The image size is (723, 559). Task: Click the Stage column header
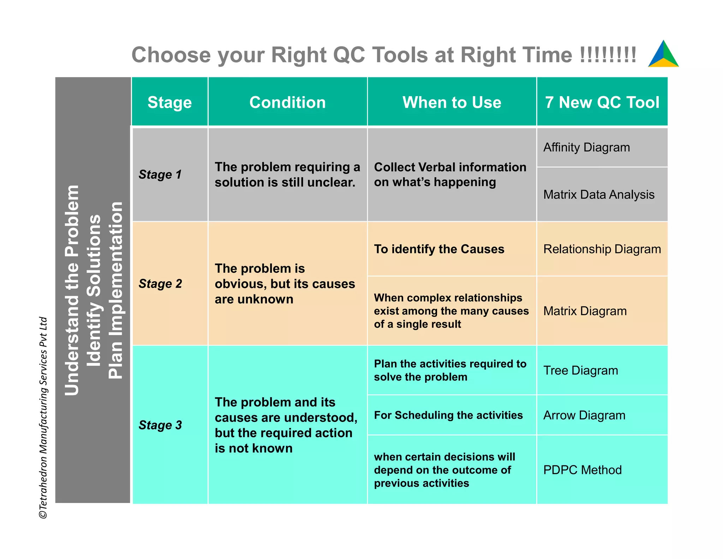tap(169, 102)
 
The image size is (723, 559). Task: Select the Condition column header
tap(287, 102)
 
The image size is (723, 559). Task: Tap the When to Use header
tap(452, 102)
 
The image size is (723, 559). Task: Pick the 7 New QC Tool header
tap(602, 102)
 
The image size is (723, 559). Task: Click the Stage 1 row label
tap(160, 175)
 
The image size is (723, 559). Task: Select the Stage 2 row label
tap(160, 284)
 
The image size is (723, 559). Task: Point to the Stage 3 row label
tap(160, 425)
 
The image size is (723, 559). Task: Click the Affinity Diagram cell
tap(586, 147)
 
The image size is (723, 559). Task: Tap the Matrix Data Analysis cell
tap(599, 195)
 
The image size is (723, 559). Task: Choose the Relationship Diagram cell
tap(602, 249)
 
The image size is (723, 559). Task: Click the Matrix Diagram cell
tap(585, 311)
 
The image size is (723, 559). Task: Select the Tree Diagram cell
tap(581, 371)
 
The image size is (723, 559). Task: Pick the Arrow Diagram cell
tap(584, 416)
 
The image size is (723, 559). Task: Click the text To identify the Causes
tap(439, 249)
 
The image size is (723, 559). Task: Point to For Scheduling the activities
tap(448, 415)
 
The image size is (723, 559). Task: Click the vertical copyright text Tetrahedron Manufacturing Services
tap(43, 417)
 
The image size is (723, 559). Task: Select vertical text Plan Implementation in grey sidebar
tap(115, 290)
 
